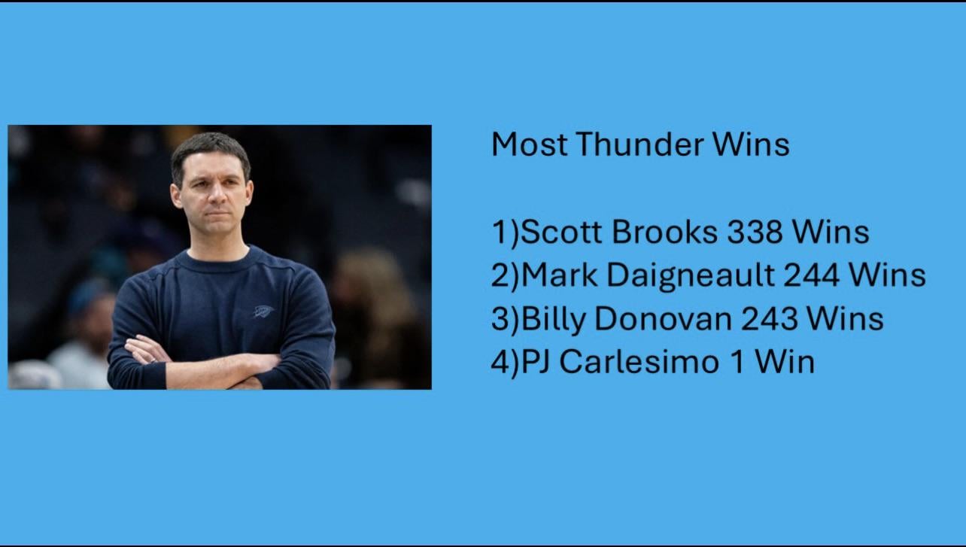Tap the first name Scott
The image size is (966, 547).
tap(564, 232)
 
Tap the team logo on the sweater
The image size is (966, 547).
tap(263, 311)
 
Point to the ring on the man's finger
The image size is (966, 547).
tap(154, 361)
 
